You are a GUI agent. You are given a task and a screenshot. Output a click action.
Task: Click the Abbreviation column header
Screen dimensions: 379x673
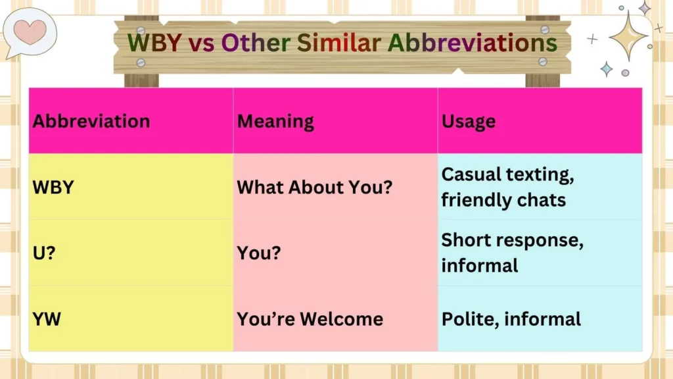91,121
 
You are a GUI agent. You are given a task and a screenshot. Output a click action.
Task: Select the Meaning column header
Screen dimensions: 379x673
275,121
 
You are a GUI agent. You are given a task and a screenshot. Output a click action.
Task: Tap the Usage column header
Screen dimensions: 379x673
468,121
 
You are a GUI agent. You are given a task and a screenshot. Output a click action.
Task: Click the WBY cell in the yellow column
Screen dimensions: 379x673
53,187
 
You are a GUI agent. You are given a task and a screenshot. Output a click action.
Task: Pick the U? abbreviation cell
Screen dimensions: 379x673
44,253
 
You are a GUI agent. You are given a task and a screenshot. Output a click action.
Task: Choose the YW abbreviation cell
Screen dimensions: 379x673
47,319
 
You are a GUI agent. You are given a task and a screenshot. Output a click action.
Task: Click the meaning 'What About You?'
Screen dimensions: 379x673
314,187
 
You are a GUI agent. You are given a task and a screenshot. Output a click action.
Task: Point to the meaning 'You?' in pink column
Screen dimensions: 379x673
258,253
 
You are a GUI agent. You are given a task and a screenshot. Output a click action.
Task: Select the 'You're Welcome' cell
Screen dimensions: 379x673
310,319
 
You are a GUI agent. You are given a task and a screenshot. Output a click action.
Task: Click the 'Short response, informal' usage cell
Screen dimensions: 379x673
512,253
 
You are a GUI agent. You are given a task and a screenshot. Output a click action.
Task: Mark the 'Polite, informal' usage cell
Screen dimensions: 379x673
511,319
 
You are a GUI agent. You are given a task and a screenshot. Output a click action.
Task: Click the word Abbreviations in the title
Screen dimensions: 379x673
472,43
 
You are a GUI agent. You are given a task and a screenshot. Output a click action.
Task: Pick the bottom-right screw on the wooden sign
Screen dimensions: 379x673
542,61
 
